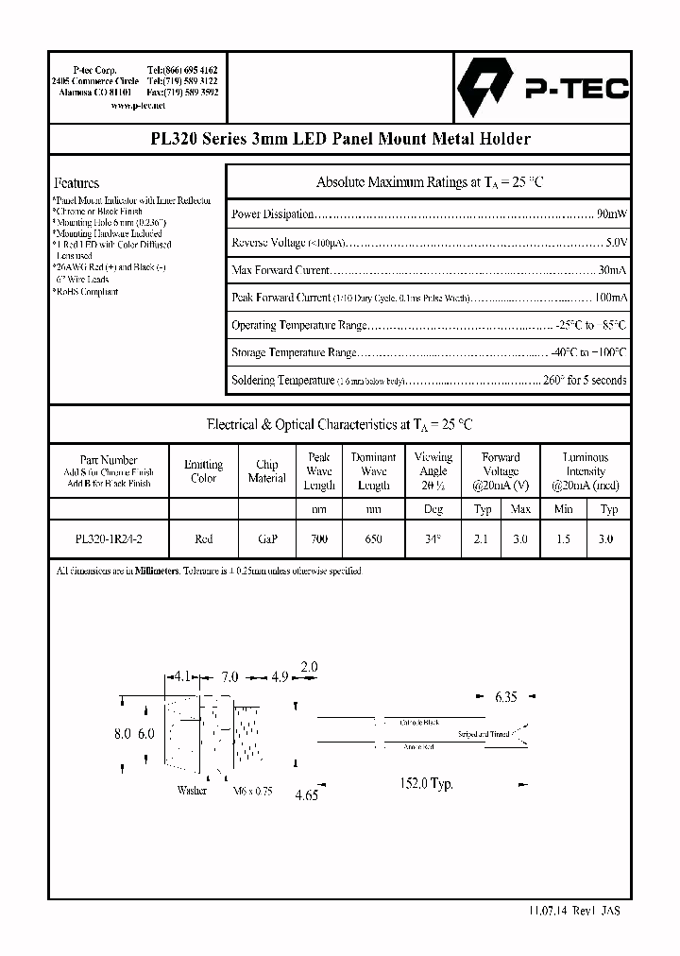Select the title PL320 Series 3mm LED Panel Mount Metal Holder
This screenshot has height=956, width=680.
pyautogui.click(x=341, y=139)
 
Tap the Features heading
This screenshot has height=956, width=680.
pyautogui.click(x=76, y=183)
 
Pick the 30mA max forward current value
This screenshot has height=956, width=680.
pyautogui.click(x=612, y=271)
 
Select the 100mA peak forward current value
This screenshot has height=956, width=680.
pyautogui.click(x=608, y=298)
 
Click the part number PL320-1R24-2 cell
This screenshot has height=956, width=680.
pyautogui.click(x=109, y=538)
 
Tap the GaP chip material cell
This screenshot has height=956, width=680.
pyautogui.click(x=266, y=538)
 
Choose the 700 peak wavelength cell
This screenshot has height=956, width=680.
pyautogui.click(x=319, y=538)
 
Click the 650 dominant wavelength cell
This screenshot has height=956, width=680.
pyautogui.click(x=374, y=538)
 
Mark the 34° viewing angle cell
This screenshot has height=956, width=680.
pyautogui.click(x=433, y=538)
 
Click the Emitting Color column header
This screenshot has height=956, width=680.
pyautogui.click(x=203, y=471)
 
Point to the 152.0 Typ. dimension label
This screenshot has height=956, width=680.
pyautogui.click(x=429, y=783)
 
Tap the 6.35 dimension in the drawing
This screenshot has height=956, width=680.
pyautogui.click(x=506, y=698)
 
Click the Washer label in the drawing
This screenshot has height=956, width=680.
pyautogui.click(x=192, y=791)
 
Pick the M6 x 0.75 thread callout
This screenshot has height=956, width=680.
pyautogui.click(x=252, y=792)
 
